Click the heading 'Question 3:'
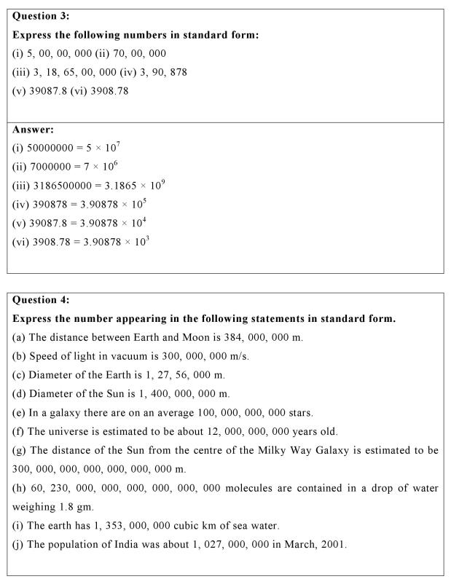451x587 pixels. (x=42, y=16)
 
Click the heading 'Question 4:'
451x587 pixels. (x=42, y=300)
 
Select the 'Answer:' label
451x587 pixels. (x=34, y=130)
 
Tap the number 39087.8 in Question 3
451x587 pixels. (x=47, y=91)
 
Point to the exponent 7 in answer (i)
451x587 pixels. (x=118, y=145)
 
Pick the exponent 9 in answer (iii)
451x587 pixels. (x=162, y=183)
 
